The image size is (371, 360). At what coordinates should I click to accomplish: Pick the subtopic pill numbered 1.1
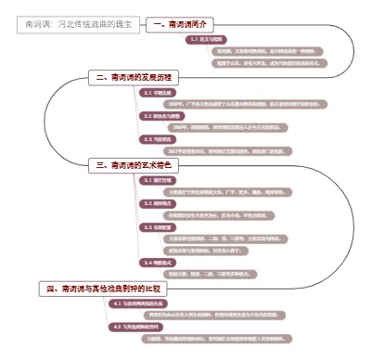click(x=206, y=40)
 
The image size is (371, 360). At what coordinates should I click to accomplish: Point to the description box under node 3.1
click(x=234, y=191)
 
